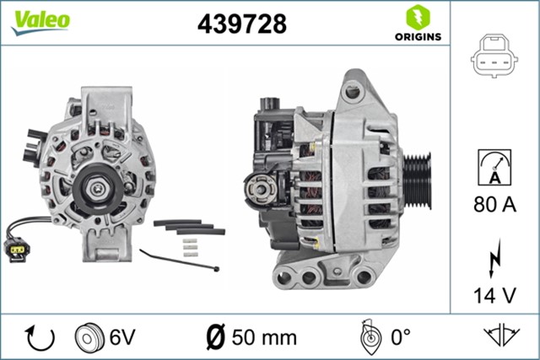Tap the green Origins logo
(x=415, y=23)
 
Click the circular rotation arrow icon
(x=40, y=338)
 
